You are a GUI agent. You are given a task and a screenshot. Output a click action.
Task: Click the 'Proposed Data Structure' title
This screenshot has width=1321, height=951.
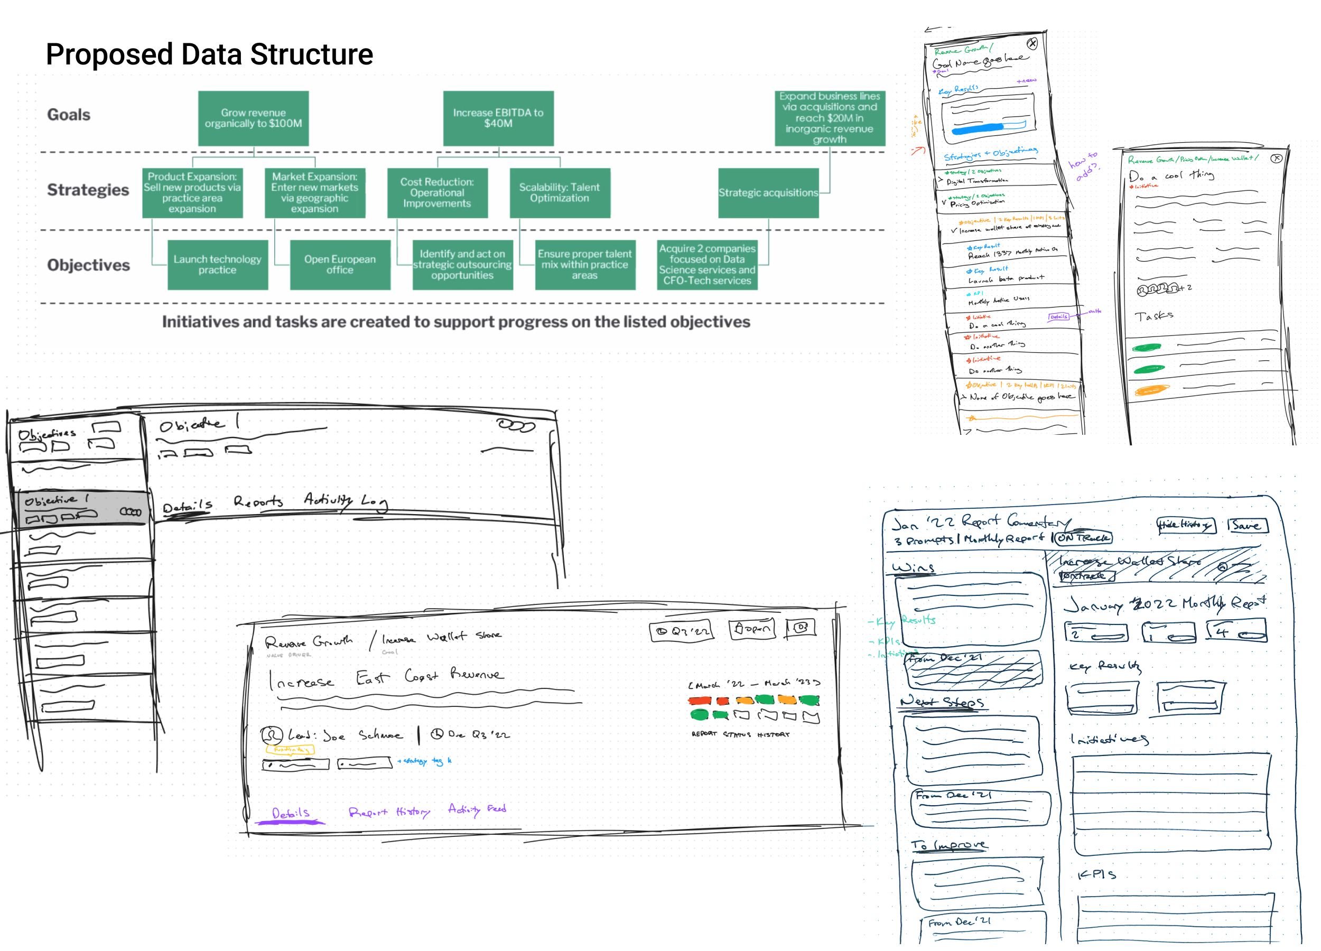pos(209,54)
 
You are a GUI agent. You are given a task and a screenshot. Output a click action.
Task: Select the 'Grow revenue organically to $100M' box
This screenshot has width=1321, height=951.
pos(253,118)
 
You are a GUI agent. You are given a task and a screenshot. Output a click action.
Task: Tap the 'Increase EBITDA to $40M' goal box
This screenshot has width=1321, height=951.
pos(498,118)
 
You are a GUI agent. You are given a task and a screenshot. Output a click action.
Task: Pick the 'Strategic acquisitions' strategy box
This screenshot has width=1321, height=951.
pos(768,193)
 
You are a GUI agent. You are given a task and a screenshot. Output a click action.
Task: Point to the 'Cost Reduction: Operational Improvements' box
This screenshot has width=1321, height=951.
pos(437,193)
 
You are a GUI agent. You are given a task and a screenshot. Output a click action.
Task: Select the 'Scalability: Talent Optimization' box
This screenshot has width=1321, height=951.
pos(559,193)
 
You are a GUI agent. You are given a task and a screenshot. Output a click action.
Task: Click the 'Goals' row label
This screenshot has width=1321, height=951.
pos(69,115)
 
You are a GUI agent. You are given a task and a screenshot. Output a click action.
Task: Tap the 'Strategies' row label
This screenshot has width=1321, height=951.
pos(88,190)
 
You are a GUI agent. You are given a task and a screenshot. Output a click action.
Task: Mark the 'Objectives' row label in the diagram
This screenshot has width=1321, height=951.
pos(89,265)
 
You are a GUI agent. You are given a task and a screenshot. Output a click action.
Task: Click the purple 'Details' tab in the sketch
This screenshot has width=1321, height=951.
pos(291,813)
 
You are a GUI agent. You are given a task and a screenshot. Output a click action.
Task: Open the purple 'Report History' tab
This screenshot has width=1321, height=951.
pos(389,811)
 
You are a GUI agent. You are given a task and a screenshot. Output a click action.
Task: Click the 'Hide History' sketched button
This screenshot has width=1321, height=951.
pos(1185,525)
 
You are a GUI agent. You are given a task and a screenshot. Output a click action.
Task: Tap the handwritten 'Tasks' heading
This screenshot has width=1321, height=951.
pos(1153,316)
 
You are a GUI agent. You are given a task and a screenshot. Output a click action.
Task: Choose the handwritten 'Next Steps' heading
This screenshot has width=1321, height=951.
pos(942,702)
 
